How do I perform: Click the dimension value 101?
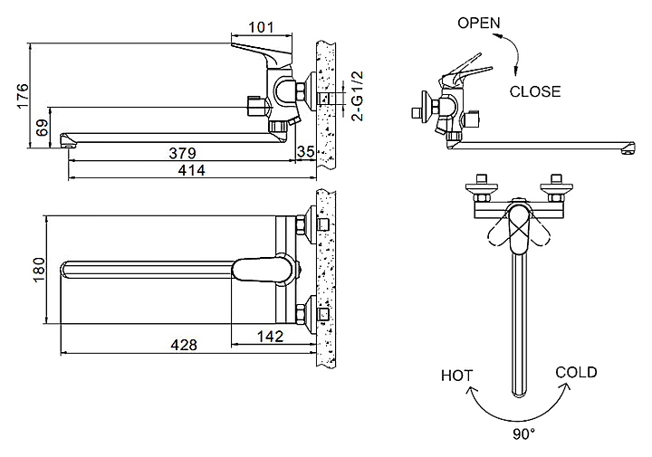tap(261, 26)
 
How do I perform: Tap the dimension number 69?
tap(41, 128)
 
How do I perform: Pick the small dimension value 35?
tap(306, 152)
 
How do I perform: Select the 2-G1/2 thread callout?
tap(357, 97)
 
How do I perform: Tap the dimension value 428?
tap(182, 345)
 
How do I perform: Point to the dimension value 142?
tap(270, 336)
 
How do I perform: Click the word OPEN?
tap(479, 23)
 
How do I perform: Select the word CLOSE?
tap(535, 90)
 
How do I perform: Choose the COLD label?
tap(577, 372)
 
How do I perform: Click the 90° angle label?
tap(523, 433)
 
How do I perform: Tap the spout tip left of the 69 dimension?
tap(65, 139)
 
